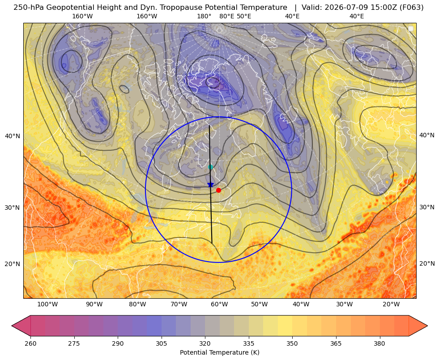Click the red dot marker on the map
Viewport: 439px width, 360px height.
click(218, 190)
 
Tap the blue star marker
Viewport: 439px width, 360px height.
click(210, 185)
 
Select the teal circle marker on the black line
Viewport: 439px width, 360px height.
click(210, 167)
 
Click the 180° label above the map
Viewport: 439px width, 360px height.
click(204, 16)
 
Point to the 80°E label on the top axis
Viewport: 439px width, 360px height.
click(227, 16)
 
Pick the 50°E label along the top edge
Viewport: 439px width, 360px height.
click(244, 16)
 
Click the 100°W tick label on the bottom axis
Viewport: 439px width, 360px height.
click(47, 305)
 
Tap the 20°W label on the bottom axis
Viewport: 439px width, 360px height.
click(391, 305)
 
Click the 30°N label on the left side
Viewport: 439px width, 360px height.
click(13, 208)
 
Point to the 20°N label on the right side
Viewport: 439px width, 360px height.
click(427, 263)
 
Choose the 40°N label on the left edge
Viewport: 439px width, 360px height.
click(13, 136)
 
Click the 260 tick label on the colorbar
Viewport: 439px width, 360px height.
click(30, 343)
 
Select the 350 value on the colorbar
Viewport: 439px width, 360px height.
click(292, 343)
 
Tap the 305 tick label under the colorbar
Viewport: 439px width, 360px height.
click(161, 343)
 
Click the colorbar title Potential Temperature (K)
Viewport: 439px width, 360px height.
click(219, 352)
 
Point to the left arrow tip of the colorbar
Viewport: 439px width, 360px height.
click(12, 326)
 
